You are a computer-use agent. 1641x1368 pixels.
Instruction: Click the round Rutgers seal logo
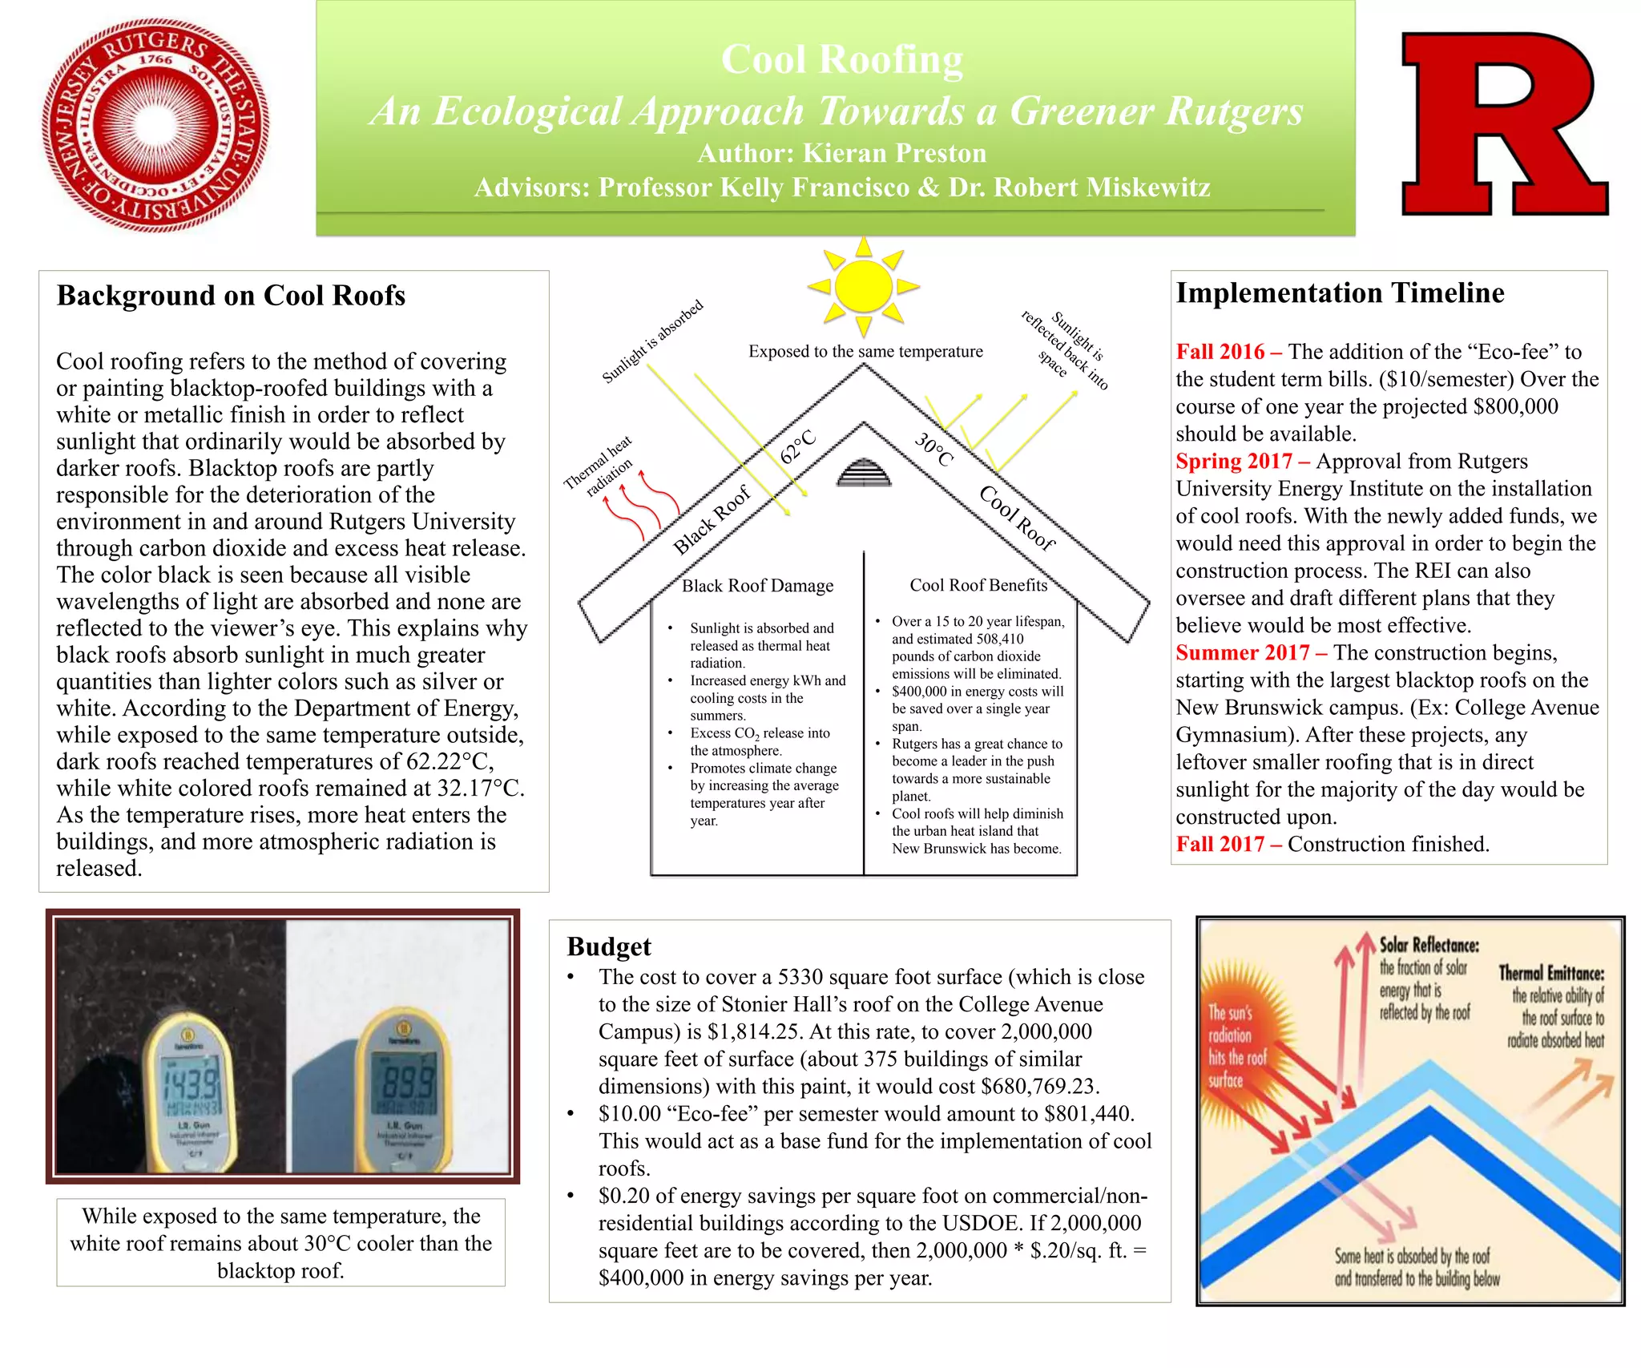155,126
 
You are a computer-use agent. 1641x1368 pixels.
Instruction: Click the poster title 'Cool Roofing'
841,60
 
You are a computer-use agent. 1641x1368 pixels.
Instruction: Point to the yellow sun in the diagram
863,286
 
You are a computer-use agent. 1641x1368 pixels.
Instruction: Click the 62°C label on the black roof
798,446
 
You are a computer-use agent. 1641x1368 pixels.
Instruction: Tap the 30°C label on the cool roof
934,450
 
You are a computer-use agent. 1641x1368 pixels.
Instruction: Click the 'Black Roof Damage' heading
757,586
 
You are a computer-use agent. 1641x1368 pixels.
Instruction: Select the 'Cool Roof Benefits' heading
978,585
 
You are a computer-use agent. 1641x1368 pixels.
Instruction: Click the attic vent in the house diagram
864,474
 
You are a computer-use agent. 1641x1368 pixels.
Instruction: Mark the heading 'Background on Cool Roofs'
231,296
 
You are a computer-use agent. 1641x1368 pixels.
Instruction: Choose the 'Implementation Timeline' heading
1340,293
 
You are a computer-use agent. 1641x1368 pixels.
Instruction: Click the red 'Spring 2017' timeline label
1234,462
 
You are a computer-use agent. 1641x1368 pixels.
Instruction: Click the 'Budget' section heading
608,946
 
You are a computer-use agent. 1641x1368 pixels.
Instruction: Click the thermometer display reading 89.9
406,1084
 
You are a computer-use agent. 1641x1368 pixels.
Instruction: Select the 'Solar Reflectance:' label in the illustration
1429,945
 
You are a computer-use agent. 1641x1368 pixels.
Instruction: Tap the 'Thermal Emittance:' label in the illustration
1551,973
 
